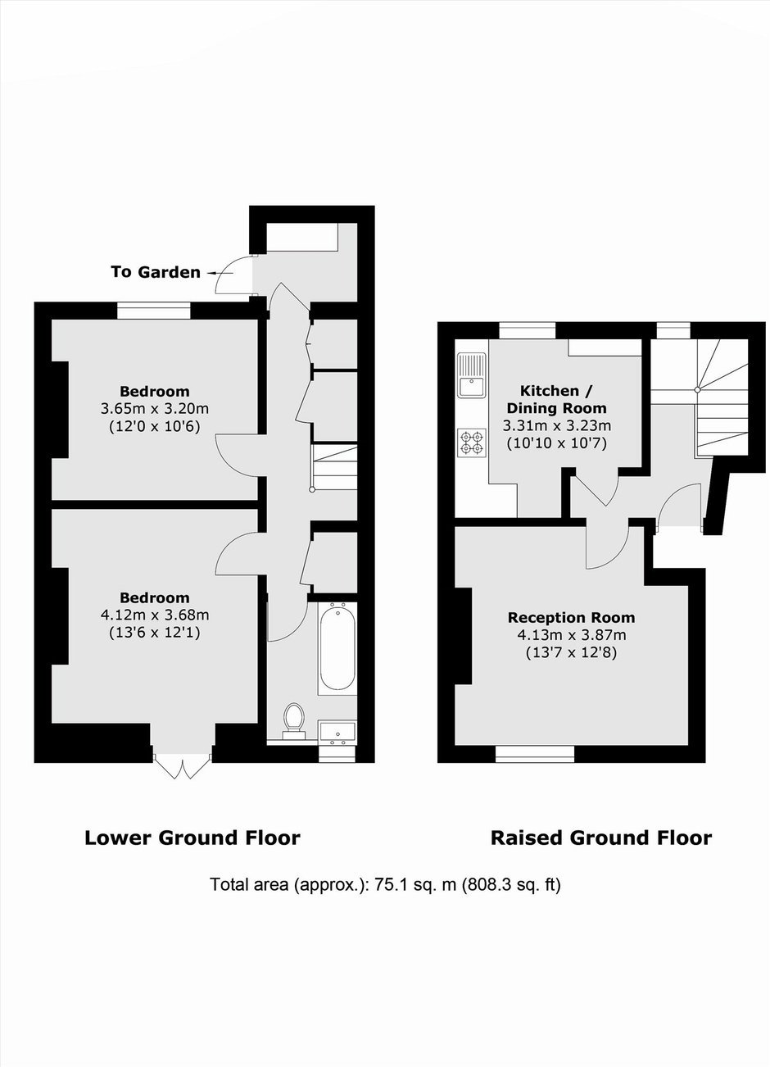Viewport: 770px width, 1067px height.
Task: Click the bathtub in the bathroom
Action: coord(337,647)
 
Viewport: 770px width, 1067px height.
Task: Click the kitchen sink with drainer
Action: coord(472,375)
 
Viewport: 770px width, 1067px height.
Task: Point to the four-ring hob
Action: coord(472,443)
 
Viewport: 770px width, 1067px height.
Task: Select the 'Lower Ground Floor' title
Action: coord(192,838)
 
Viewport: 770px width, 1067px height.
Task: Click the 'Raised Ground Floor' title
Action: coord(601,838)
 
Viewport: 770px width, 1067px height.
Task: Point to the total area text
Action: coord(385,884)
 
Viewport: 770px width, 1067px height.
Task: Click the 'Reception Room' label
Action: coord(571,617)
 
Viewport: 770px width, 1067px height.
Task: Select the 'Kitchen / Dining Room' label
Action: coord(556,399)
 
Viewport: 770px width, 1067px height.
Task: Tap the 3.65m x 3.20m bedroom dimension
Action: coord(155,408)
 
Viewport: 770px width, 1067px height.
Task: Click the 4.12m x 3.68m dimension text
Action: coord(155,615)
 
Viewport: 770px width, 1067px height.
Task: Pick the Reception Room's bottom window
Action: coord(535,754)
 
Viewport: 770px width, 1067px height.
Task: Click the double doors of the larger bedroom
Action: coord(181,765)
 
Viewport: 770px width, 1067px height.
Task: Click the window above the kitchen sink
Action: coord(528,330)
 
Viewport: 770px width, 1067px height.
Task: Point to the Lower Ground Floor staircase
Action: coord(334,467)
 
